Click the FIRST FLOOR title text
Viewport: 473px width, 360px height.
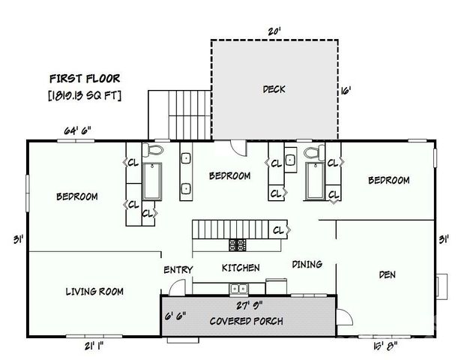pos(84,78)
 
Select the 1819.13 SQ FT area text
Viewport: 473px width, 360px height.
pos(84,95)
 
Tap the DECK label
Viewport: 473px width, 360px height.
pos(274,89)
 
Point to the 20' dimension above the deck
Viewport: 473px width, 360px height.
pos(274,32)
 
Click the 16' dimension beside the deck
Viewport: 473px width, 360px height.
pos(346,90)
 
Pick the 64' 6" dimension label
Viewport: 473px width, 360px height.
pos(77,130)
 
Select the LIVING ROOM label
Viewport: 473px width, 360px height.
pos(94,291)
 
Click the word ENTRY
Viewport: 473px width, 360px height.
pos(178,270)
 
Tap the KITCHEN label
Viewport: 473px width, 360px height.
pos(241,268)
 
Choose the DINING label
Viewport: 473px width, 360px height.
pos(307,264)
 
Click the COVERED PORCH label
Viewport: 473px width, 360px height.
pos(246,322)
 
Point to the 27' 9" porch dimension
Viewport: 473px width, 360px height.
pos(248,305)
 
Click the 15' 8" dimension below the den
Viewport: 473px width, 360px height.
pos(385,346)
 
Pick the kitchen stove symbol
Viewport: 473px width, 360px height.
pos(238,244)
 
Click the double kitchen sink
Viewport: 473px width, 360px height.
pos(238,288)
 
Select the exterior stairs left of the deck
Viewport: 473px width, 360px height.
pos(179,113)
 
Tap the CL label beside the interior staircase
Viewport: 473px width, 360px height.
pos(279,229)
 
